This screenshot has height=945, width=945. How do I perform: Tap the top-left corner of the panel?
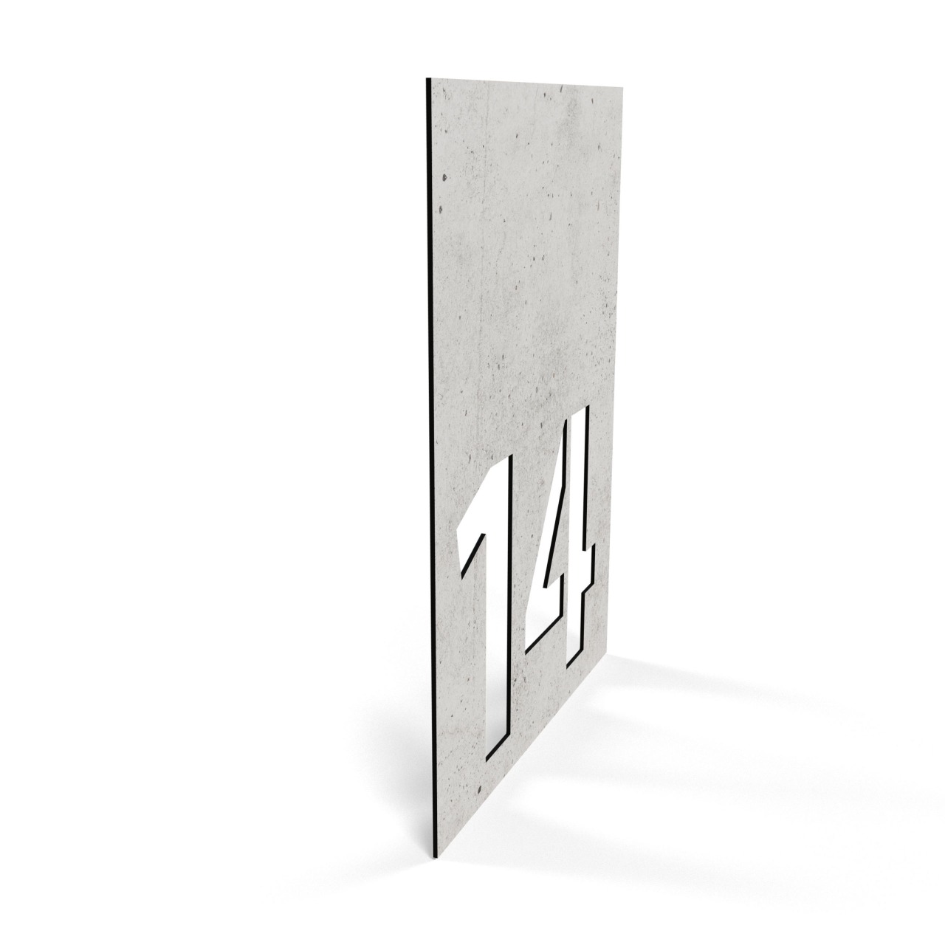[x=426, y=78]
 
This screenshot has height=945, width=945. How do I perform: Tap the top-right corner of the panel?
[x=623, y=89]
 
